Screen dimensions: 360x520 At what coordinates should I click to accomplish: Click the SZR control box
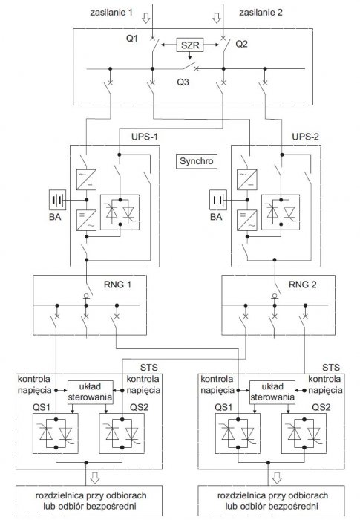pos(190,45)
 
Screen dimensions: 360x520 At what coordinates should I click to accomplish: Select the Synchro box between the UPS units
pos(196,161)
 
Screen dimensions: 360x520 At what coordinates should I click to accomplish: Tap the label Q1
pos(132,39)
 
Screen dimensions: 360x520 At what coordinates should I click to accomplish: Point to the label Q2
pos(241,44)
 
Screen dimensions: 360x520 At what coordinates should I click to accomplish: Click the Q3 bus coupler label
pos(183,82)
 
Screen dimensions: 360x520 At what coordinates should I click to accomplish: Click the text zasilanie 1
pos(111,13)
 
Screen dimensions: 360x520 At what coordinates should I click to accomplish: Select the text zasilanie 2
pos(261,13)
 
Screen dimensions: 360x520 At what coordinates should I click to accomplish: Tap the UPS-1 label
pos(145,137)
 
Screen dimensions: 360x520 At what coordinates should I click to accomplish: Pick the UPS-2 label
pos(305,137)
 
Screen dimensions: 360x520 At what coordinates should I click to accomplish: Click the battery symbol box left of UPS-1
pos(57,200)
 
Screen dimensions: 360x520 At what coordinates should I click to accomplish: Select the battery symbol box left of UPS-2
pos(218,200)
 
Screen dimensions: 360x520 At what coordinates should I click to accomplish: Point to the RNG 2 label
pos(302,285)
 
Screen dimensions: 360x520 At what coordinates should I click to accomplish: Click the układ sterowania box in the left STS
pos(90,392)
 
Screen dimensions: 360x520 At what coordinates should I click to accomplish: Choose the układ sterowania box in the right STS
pos(272,392)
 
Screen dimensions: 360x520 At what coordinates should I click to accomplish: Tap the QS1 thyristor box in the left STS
pos(56,433)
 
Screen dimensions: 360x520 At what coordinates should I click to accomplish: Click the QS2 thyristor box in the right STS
pos(304,433)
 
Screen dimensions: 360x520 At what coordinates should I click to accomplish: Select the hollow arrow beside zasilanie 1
pos(146,18)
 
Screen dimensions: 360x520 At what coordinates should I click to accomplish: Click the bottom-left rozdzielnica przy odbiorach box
pos(89,501)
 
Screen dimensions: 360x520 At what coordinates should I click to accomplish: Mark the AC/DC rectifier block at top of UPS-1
pos(87,180)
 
